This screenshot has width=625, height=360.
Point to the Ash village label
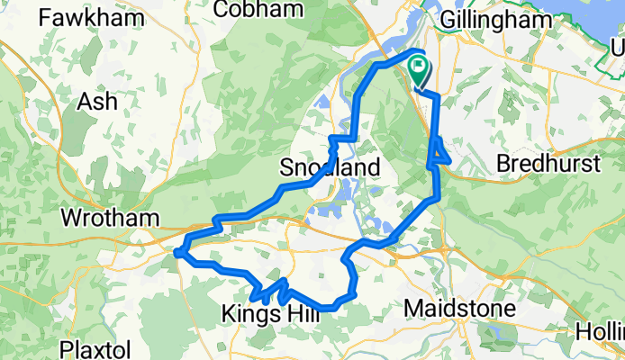97,102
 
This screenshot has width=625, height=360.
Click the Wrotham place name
109,218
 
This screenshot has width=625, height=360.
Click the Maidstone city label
459,309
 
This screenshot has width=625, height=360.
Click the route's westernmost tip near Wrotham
178,253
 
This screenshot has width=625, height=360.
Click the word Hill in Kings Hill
293,314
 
